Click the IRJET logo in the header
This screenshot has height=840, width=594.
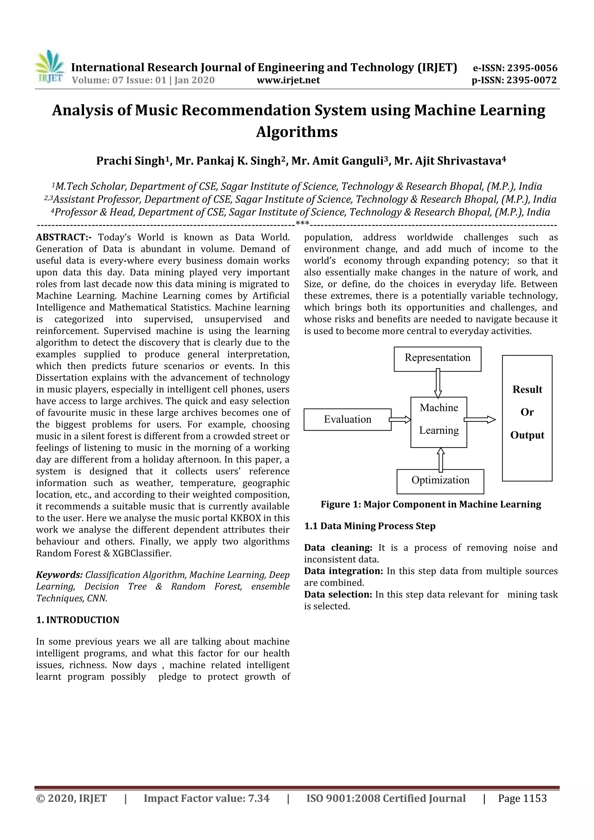(49, 66)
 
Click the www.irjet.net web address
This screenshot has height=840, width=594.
(288, 80)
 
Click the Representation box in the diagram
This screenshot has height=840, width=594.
(437, 359)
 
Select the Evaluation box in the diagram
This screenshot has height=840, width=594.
(347, 419)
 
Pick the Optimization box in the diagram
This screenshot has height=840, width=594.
(440, 481)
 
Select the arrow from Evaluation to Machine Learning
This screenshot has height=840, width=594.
(400, 419)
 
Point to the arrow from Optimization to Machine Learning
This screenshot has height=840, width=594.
(441, 459)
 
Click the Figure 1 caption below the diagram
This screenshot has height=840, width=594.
(431, 504)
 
